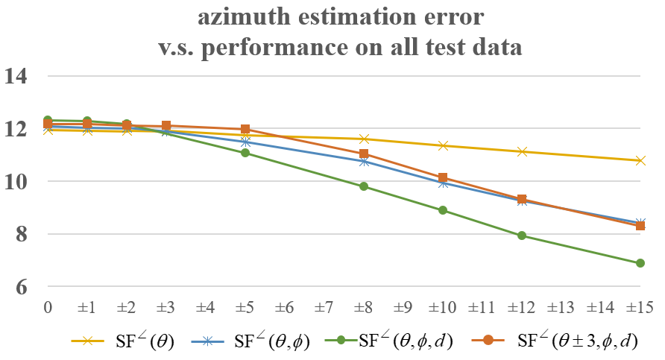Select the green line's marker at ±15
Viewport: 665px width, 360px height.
[640, 263]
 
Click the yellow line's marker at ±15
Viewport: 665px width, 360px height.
[640, 160]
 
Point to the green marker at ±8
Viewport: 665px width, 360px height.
[364, 186]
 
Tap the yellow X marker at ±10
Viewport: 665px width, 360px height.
[443, 145]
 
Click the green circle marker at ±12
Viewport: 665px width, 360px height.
[522, 236]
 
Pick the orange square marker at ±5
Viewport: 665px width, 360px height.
[245, 130]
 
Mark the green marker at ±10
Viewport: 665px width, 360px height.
[443, 210]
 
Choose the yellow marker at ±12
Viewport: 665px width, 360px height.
[522, 151]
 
